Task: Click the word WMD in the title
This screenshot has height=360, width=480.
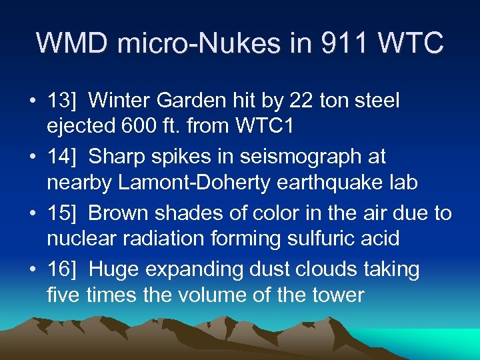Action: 69,43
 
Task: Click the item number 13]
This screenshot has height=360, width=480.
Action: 65,101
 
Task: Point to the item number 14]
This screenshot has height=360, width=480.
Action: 65,157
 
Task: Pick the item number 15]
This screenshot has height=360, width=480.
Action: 65,213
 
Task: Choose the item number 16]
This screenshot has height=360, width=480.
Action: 65,270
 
